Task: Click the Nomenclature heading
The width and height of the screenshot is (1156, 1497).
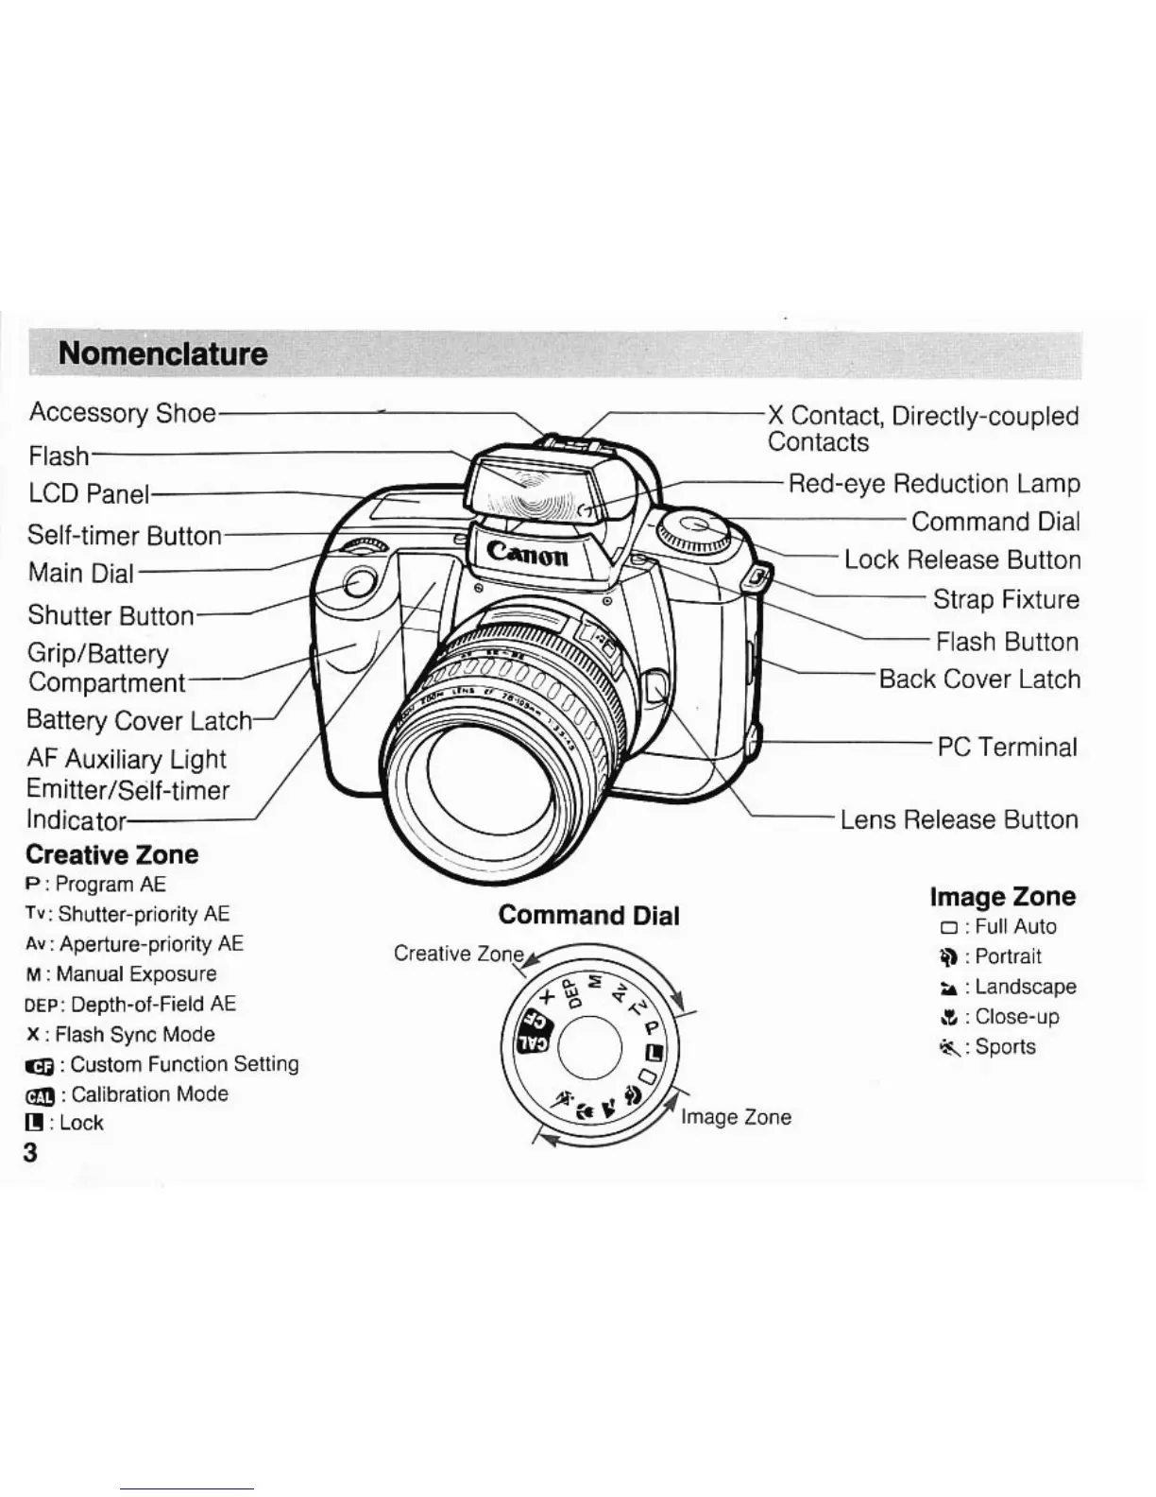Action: [162, 354]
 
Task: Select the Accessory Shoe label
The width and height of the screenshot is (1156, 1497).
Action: [122, 413]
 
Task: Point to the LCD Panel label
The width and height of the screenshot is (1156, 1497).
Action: [89, 493]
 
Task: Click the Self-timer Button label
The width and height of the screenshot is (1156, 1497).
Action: [124, 536]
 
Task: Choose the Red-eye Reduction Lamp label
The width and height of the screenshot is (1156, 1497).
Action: [933, 484]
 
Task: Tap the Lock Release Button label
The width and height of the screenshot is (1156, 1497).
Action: [961, 559]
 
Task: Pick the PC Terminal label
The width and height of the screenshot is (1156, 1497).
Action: [1006, 748]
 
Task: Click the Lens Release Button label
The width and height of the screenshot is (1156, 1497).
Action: [959, 819]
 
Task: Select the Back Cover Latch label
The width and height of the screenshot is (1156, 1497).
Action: [978, 680]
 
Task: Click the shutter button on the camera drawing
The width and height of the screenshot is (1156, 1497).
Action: [356, 583]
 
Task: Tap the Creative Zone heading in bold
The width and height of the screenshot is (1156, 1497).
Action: [111, 854]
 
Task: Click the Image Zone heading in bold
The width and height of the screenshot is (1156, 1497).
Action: [1002, 896]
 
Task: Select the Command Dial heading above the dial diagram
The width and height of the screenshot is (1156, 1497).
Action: [588, 915]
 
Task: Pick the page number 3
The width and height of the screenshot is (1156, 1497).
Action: [30, 1152]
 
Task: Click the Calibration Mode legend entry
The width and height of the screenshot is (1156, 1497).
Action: [127, 1094]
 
